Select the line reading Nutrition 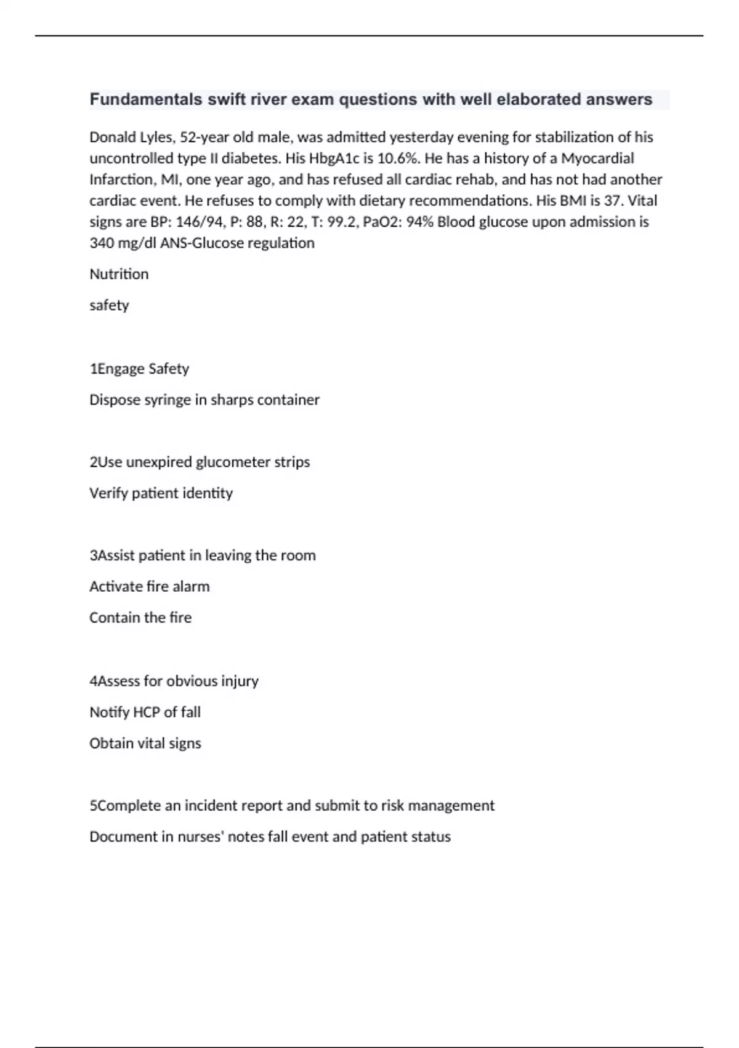119,274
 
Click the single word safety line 109,306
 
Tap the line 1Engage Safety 139,369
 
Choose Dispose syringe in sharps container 204,400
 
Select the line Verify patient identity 161,493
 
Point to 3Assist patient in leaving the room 203,555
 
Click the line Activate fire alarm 150,586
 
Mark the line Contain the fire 140,618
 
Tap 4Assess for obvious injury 174,681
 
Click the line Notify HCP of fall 145,713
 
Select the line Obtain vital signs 145,743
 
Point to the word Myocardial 597,158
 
